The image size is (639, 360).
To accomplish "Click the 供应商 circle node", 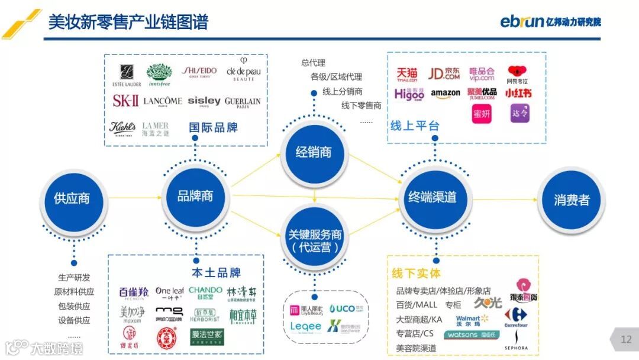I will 72,198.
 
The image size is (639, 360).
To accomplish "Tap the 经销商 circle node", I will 314,152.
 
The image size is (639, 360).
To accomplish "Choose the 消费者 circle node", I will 572,200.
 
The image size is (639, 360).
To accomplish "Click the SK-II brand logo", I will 125,101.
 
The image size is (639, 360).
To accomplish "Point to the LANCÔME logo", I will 163,102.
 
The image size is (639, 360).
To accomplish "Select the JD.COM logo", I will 444,74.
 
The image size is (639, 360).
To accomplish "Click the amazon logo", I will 446,94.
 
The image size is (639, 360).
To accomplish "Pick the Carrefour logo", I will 516,317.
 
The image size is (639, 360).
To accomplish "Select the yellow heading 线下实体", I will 417,274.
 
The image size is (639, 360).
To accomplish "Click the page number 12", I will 626,339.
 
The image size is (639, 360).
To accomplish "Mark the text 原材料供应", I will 74,292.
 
